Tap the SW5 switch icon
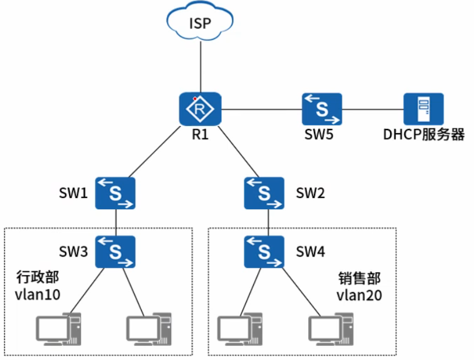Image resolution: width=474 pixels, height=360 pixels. [322, 108]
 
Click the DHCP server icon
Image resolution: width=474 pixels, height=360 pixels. [424, 108]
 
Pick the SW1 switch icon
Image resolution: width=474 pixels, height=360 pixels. [116, 193]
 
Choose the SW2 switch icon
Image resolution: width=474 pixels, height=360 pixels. [264, 193]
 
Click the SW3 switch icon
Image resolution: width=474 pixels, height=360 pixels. [116, 252]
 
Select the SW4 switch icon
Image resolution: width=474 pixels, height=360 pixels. [264, 252]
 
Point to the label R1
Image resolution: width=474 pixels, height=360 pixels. [201, 134]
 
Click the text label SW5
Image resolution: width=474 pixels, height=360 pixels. [320, 134]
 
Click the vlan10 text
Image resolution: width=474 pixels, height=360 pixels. [36, 293]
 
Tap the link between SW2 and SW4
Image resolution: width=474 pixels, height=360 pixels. [268, 222]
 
